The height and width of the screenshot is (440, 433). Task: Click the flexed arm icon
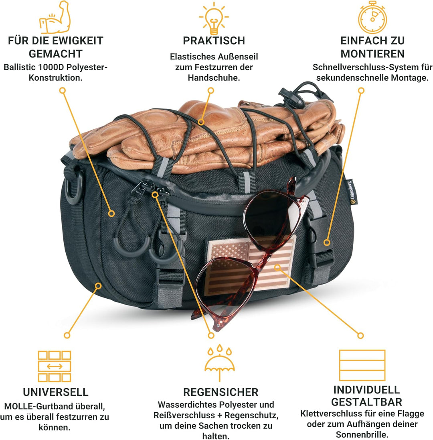[55, 17]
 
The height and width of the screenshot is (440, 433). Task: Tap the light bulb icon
[214, 18]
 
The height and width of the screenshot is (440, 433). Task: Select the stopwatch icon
[372, 17]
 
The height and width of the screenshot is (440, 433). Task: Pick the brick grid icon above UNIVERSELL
[55, 366]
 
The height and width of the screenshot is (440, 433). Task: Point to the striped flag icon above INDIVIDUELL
[362, 365]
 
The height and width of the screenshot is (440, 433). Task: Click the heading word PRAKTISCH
[214, 41]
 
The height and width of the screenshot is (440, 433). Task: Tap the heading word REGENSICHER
[221, 392]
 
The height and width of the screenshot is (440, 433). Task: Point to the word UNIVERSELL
[56, 392]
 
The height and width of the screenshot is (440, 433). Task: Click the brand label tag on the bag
[350, 192]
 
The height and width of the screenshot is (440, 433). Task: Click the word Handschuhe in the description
[214, 77]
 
